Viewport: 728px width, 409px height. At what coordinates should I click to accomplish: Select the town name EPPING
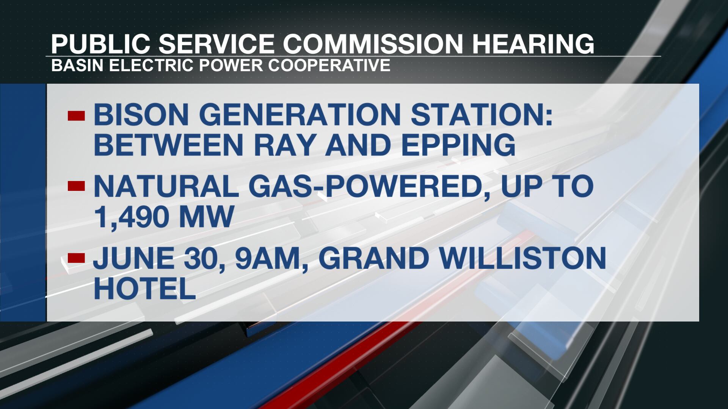(x=458, y=145)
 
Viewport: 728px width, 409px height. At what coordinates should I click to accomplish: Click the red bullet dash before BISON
(x=76, y=116)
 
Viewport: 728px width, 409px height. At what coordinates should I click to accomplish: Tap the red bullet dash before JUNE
(x=76, y=258)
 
